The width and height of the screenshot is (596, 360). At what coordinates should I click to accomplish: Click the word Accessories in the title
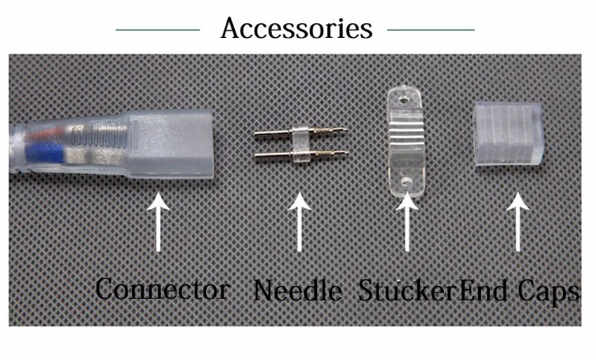tap(296, 29)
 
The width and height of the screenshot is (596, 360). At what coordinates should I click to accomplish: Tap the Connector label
tap(162, 289)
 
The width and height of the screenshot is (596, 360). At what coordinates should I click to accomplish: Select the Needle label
tap(298, 291)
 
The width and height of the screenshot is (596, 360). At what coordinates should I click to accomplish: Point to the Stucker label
tap(407, 291)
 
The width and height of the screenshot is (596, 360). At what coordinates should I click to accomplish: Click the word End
tap(483, 291)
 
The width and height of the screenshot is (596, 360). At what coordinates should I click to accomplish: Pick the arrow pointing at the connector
tap(159, 222)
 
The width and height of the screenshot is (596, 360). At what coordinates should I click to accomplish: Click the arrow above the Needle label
tap(300, 222)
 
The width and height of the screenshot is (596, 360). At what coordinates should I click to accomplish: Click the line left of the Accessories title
tap(157, 30)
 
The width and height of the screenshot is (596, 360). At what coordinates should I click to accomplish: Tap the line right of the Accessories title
tap(431, 30)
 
